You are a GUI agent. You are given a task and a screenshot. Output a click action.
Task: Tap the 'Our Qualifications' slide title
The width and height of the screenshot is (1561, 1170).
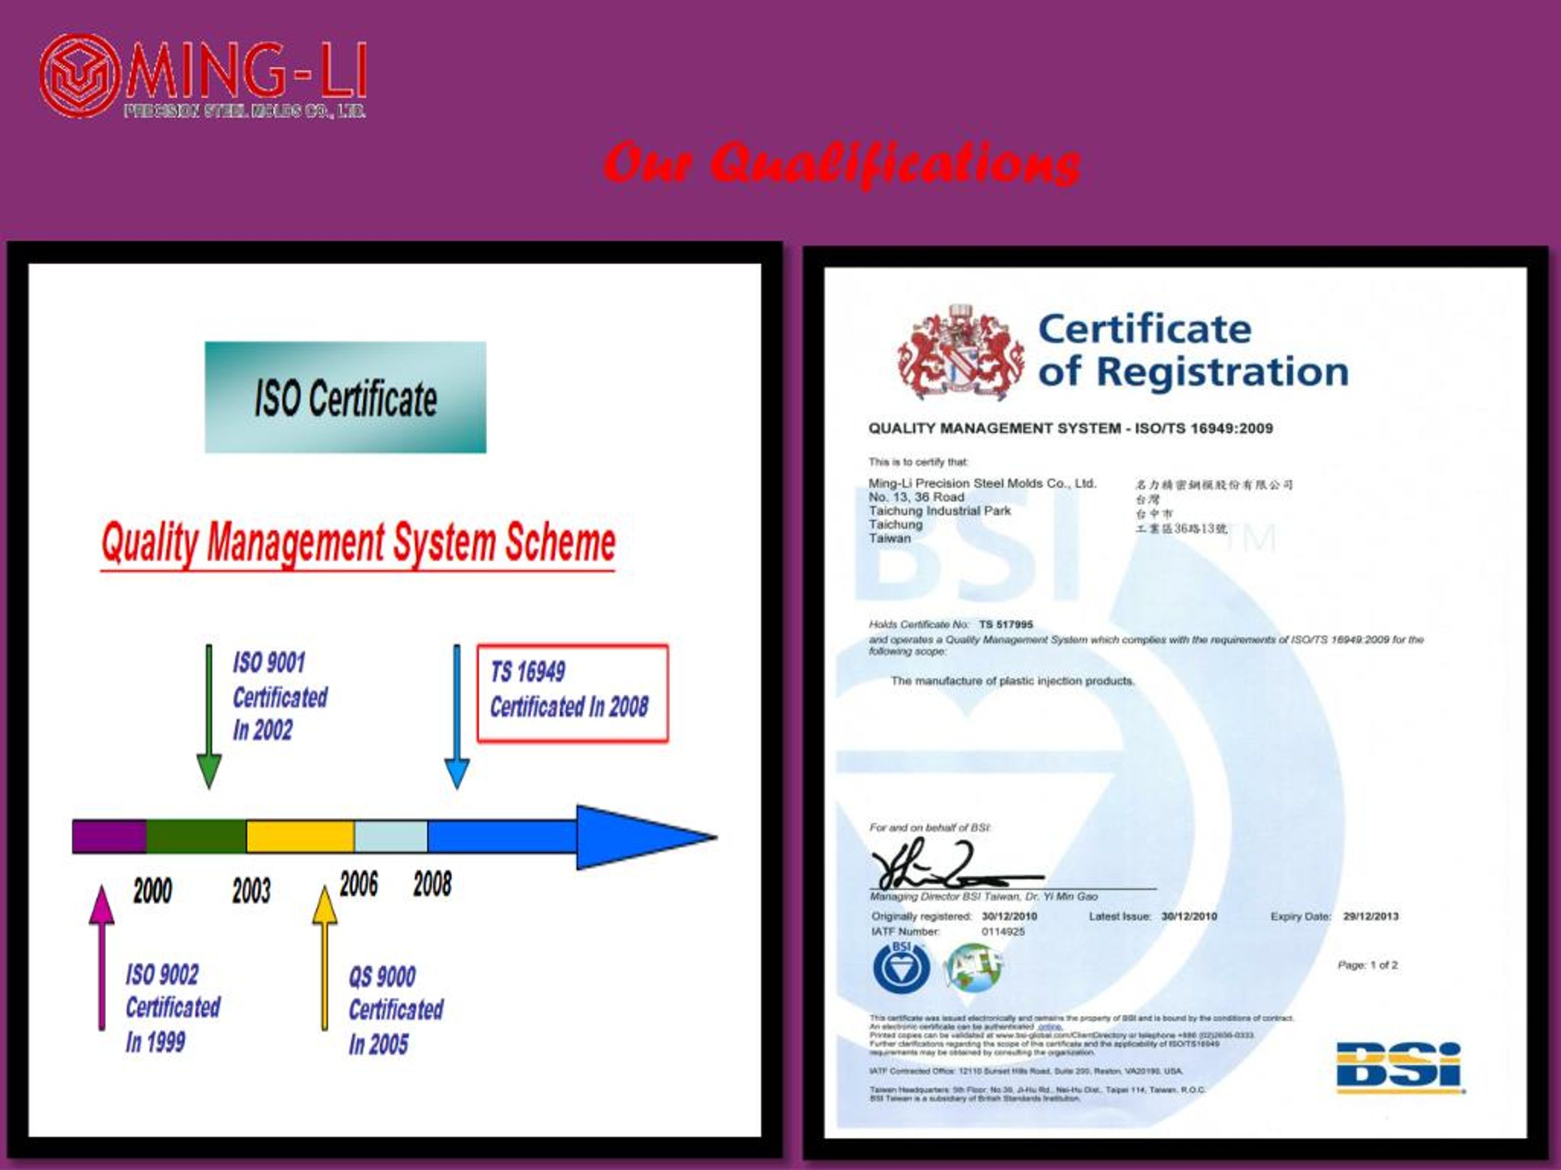pos(841,163)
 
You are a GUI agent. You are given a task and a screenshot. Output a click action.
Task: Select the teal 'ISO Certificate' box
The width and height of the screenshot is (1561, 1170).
pos(345,397)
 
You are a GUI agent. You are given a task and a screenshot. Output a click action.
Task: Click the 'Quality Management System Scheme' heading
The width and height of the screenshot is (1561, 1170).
pos(358,544)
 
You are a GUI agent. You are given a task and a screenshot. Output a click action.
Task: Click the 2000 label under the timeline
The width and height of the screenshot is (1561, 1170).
pos(152,891)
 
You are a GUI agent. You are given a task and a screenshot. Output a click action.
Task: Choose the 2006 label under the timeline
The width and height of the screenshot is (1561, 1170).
pos(359,884)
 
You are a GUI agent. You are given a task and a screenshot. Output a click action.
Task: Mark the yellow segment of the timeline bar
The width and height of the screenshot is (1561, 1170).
pos(300,837)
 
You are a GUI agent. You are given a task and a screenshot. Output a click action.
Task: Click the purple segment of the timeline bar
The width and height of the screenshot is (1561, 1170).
pos(109,837)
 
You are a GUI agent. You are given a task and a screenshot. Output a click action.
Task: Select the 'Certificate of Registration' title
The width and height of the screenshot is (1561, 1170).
pos(1193,350)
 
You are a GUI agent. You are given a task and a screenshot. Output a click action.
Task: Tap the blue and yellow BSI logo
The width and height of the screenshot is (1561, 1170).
pos(1399,1068)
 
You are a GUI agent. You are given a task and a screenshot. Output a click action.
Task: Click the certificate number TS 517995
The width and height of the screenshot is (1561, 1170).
pos(1006,624)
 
